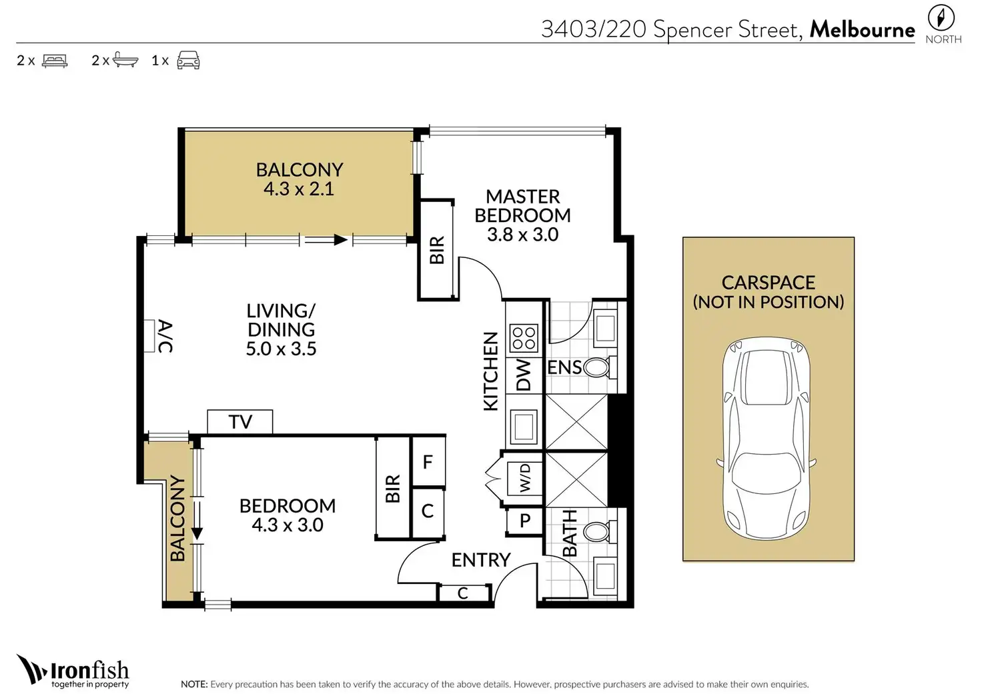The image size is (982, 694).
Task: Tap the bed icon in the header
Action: (55, 61)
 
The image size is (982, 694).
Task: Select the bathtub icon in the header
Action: (125, 59)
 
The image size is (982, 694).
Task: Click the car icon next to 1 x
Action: (188, 60)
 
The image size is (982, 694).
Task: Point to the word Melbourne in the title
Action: (862, 30)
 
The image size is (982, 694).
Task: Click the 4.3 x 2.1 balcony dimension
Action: (299, 189)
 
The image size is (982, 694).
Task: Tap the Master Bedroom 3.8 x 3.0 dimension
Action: (522, 235)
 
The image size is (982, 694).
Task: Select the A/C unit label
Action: (165, 336)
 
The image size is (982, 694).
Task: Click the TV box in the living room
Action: (239, 421)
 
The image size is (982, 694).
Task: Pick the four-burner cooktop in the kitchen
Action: (524, 338)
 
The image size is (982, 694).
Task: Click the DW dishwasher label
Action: (524, 375)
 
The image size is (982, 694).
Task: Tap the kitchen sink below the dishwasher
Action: (524, 425)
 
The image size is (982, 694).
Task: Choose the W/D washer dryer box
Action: (524, 478)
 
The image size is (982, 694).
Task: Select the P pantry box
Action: (525, 521)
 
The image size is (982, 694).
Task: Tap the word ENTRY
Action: (482, 560)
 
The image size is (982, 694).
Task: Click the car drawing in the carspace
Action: (767, 439)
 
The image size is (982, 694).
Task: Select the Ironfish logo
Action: (73, 671)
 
